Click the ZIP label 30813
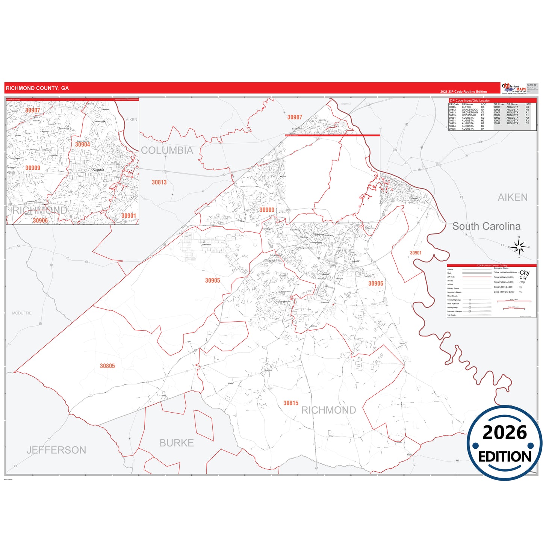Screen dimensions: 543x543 click(159, 182)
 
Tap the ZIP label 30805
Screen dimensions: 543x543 click(107, 366)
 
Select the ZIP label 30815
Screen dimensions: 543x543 click(290, 403)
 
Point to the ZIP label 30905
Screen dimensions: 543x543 click(212, 280)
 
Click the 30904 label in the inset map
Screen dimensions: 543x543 click(82, 145)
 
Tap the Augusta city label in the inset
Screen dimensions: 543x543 click(98, 170)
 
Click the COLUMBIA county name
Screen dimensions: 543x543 click(167, 150)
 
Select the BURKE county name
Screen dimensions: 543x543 click(177, 443)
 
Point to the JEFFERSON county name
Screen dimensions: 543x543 click(56, 450)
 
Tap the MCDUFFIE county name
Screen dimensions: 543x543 click(22, 313)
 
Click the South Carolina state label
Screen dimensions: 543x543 click(486, 226)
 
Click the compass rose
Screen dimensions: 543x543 click(519, 247)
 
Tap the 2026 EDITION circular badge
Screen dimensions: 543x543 click(504, 443)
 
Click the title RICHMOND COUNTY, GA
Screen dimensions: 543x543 click(37, 88)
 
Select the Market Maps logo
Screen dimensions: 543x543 click(514, 89)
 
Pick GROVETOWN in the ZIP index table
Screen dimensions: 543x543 click(470, 112)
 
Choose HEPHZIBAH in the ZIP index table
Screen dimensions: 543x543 click(469, 115)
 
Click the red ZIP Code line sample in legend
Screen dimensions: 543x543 click(476, 277)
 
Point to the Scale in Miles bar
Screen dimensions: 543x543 click(514, 301)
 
